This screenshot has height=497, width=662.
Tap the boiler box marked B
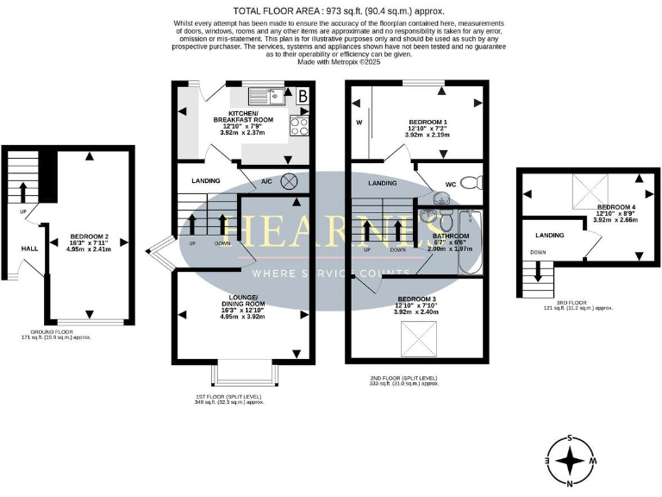303,97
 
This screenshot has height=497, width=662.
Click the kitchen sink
261,97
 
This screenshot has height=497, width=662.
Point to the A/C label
267,181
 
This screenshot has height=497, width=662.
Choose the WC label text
450,185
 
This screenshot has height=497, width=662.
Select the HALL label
30,248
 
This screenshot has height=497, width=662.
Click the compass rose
570,460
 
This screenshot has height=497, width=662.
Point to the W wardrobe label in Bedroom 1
359,123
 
